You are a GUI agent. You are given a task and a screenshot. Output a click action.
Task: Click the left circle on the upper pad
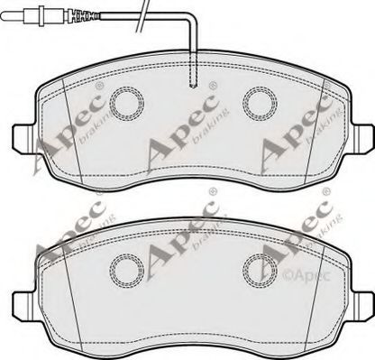pyautogui.click(x=123, y=102)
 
